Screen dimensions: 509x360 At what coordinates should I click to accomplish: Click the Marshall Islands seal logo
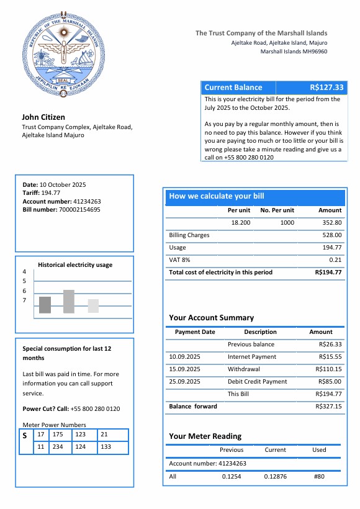[x=60, y=55]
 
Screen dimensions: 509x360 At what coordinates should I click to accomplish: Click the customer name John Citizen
[x=43, y=117]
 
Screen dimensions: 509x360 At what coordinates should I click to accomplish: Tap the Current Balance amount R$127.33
[x=326, y=88]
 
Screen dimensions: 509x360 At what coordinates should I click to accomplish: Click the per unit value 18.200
[x=240, y=223]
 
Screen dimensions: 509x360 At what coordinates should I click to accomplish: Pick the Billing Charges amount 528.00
[x=332, y=235]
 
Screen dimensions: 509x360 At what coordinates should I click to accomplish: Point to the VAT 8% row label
[x=180, y=260]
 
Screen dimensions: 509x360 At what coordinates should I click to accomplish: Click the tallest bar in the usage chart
[x=68, y=302]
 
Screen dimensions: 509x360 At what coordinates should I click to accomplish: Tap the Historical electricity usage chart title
[x=75, y=265]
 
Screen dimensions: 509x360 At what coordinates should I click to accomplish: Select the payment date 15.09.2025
[x=184, y=369]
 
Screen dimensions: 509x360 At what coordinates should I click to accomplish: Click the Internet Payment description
[x=251, y=357]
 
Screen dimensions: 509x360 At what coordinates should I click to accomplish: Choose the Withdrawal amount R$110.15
[x=330, y=369]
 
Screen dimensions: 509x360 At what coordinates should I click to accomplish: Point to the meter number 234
[x=58, y=447]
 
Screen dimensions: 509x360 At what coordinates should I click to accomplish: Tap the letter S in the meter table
[x=25, y=436]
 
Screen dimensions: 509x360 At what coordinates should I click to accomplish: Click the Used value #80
[x=319, y=477]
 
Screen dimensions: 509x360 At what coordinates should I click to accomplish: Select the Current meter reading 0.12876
[x=275, y=477]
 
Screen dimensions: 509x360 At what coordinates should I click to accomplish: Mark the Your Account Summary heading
[x=211, y=318]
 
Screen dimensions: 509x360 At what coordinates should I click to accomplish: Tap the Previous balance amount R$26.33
[x=330, y=345]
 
